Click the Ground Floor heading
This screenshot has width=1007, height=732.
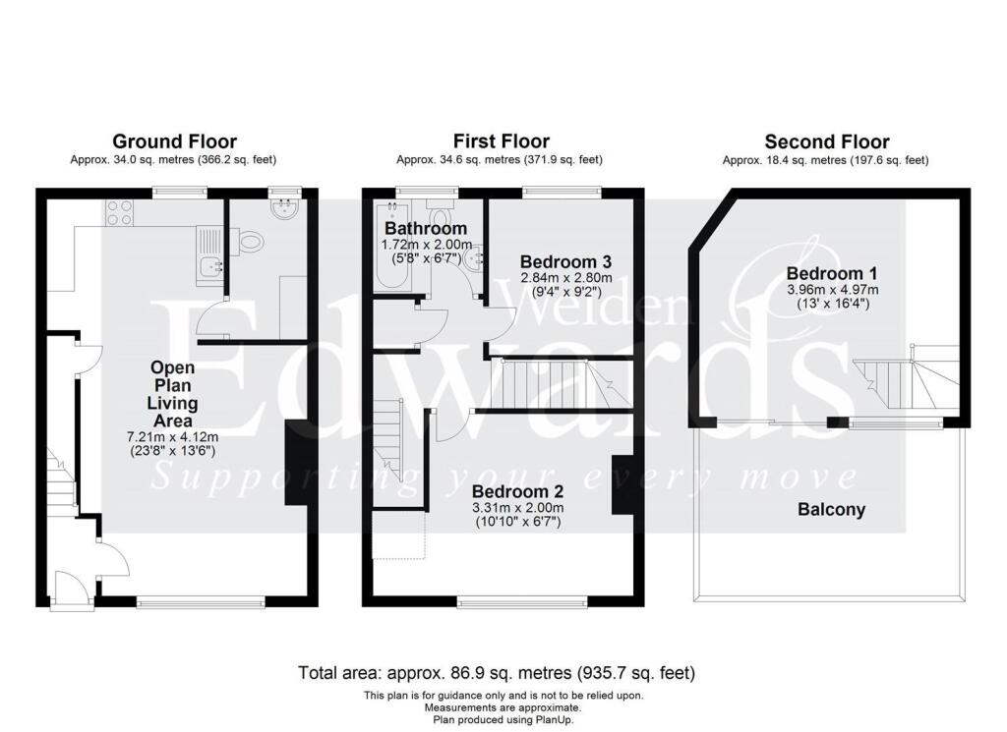coord(174,141)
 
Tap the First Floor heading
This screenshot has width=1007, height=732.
coord(501,141)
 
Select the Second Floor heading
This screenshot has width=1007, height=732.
coord(826,141)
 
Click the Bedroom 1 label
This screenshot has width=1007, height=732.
coord(832,273)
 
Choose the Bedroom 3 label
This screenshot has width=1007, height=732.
coord(565,262)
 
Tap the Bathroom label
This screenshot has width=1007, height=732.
coord(426,229)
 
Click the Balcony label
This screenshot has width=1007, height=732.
coord(831,509)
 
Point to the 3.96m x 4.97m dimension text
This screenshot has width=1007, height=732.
coord(832,290)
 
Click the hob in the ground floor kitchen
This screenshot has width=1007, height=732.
coord(119,213)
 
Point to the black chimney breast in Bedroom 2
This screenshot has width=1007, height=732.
coord(622,484)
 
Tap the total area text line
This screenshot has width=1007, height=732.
coord(497,673)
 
